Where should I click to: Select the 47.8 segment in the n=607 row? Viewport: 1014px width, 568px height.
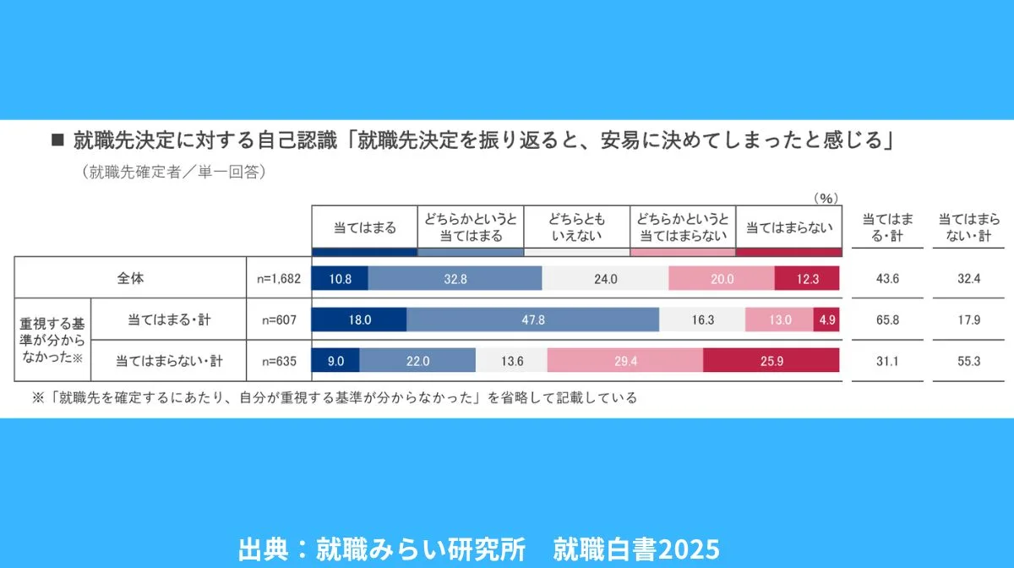click(532, 319)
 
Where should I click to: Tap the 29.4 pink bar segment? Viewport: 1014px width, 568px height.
click(624, 360)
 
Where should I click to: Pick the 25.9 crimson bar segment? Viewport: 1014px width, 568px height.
click(771, 360)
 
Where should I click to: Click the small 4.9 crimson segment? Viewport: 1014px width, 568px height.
click(826, 319)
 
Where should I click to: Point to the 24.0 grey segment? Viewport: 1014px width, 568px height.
click(605, 278)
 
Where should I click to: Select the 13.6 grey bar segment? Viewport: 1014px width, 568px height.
click(512, 360)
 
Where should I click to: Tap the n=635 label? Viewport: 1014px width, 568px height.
click(279, 361)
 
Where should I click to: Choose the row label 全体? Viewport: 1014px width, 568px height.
click(130, 278)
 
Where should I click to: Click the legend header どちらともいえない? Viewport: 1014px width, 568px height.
click(576, 227)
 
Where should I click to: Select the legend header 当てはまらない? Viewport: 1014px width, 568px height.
click(788, 227)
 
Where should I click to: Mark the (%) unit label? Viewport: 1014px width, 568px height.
click(825, 198)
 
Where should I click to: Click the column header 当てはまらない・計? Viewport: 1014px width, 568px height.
click(964, 227)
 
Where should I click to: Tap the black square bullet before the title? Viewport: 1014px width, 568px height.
click(58, 139)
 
